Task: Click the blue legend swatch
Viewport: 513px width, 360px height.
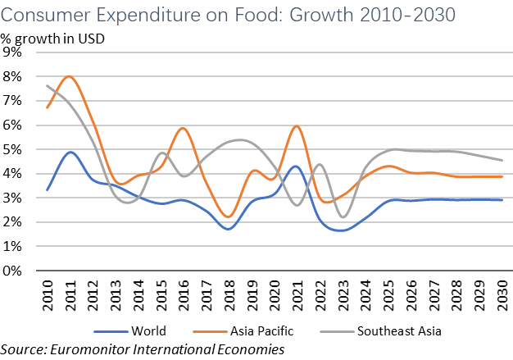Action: (111, 331)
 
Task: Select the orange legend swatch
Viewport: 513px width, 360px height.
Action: (211, 331)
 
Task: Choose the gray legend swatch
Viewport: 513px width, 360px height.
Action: (337, 331)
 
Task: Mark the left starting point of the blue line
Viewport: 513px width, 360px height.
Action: (48, 189)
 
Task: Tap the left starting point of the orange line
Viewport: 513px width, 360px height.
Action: (48, 107)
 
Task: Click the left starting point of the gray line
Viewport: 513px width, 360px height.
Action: (48, 85)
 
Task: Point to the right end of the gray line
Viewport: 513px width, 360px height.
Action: (502, 160)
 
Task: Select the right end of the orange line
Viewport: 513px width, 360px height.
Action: (502, 176)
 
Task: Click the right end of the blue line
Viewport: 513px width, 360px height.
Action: (502, 200)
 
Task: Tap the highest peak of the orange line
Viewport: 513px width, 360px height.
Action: (70, 76)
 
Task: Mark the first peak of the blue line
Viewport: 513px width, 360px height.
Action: (71, 152)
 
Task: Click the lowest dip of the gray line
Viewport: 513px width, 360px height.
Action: (343, 217)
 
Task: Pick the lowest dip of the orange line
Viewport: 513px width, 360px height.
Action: (229, 216)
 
